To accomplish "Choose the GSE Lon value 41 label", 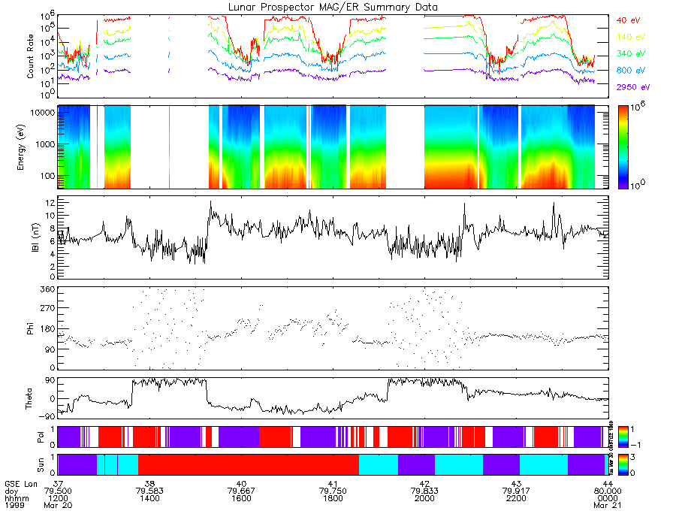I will point(332,483).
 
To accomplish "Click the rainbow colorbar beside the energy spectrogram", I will point(626,147).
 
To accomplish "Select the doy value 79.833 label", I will point(425,491).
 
